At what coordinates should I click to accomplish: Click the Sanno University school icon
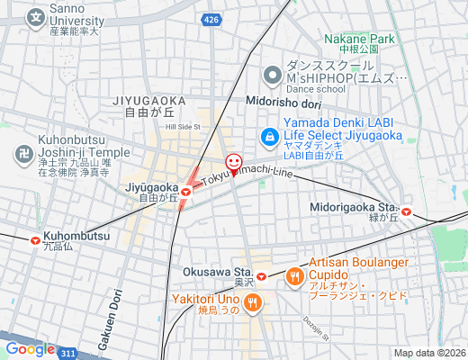pos(35,16)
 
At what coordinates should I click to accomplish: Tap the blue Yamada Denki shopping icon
pos(268,137)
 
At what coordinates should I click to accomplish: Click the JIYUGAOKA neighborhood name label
pos(149,100)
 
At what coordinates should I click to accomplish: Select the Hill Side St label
pos(183,128)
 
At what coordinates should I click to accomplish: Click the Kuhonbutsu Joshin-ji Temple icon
pos(22,152)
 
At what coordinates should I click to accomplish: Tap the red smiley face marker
pos(234,162)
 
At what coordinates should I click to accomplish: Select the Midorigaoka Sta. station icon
pos(407,212)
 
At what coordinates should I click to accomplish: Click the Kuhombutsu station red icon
pos(35,240)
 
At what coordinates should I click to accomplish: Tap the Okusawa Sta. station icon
pos(261,276)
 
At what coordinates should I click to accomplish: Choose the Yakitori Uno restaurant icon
pos(254,302)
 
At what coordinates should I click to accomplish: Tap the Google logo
pos(30,349)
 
